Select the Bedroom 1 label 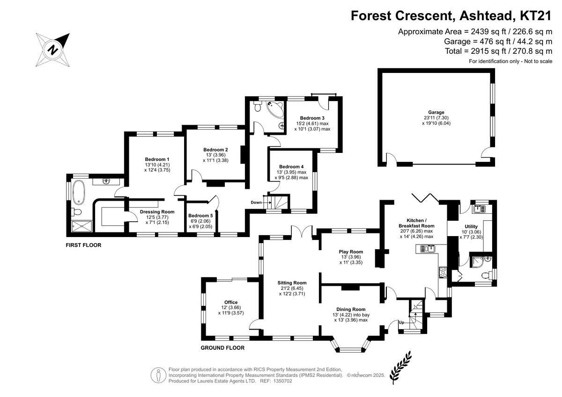pos(157,159)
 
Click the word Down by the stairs pos(256,202)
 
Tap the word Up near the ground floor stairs pos(401,323)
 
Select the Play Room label pos(351,252)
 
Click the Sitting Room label pos(292,282)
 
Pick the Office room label pos(231,302)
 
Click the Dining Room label pos(350,309)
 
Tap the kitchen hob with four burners pos(443,272)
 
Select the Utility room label pos(471,226)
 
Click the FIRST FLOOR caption pos(84,245)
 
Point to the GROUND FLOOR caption pos(222,348)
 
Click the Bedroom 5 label pos(200,216)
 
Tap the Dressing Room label pos(157,212)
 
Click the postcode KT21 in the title pos(535,15)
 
